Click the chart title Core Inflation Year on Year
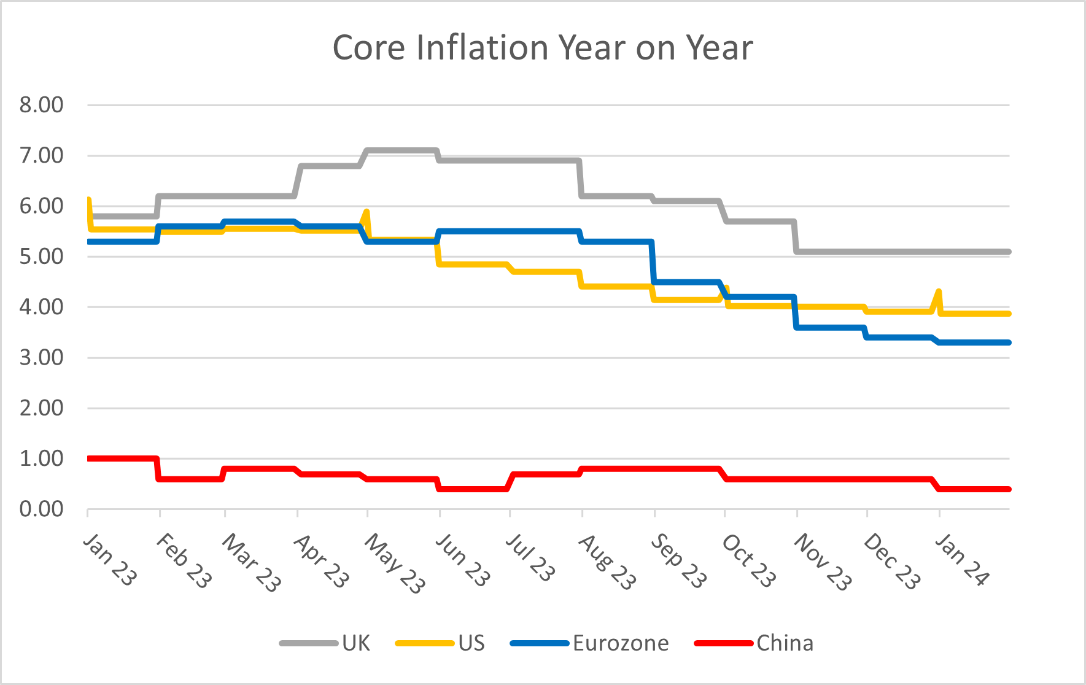click(543, 48)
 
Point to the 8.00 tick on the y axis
click(41, 105)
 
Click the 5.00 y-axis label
click(41, 257)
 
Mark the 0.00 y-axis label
click(41, 509)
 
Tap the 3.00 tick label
click(41, 357)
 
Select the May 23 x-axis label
click(394, 563)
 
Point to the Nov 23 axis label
click(823, 562)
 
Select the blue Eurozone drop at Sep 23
click(653, 262)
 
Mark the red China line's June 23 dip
click(473, 489)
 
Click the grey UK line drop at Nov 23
click(796, 236)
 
